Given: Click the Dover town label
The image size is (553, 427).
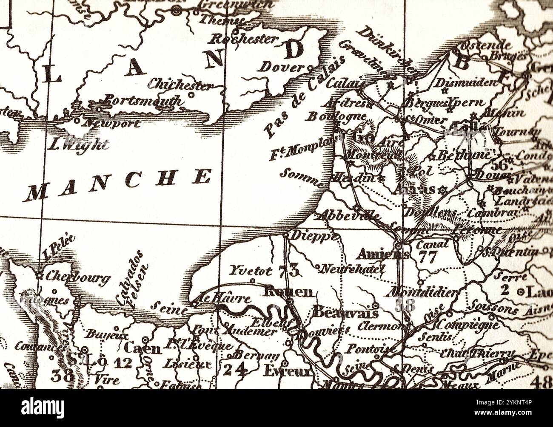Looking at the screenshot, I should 282,67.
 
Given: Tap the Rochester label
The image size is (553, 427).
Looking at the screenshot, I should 244,39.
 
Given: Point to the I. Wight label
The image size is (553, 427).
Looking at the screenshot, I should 77,144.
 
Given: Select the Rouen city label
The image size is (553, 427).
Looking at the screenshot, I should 289,291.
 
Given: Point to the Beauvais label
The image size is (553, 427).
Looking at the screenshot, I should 345,313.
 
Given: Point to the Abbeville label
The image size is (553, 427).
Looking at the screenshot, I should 348,215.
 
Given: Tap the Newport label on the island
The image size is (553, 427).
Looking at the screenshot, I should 111,124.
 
